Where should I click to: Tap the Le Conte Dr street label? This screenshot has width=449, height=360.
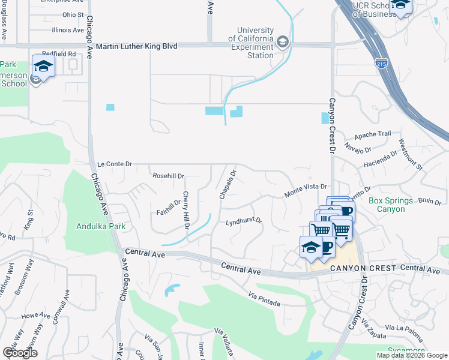(x=114, y=163)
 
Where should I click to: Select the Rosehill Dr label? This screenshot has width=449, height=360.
(x=168, y=176)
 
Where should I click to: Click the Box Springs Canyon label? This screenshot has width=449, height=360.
(x=391, y=205)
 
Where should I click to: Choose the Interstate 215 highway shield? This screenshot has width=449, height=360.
(x=381, y=62)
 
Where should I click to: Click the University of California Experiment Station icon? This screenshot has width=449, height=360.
(x=283, y=42)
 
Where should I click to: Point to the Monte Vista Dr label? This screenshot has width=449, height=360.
(x=305, y=191)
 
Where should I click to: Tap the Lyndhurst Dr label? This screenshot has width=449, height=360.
(x=244, y=222)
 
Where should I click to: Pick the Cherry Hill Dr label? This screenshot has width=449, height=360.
(x=186, y=211)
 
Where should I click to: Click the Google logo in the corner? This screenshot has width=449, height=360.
(x=20, y=353)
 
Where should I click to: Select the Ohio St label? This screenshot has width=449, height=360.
(x=73, y=14)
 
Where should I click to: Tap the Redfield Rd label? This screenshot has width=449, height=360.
(x=63, y=53)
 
